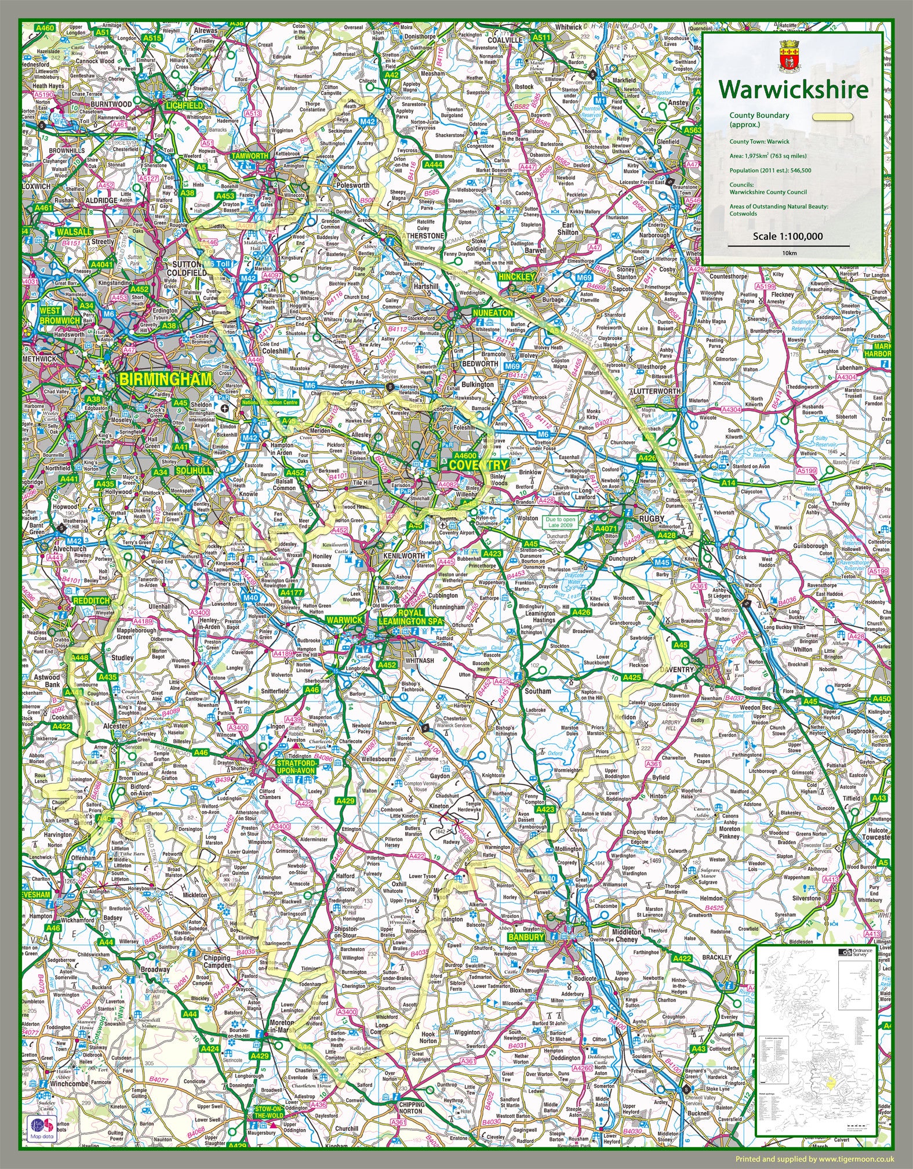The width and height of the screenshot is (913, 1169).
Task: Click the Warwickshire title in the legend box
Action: (x=793, y=90)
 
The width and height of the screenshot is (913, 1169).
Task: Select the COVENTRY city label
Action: (x=478, y=465)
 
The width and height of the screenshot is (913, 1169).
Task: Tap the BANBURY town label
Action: (x=526, y=936)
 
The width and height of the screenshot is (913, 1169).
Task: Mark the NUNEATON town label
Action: (x=493, y=313)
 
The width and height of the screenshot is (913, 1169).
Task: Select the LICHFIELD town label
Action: (x=184, y=106)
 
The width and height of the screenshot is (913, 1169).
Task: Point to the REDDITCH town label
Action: (x=90, y=601)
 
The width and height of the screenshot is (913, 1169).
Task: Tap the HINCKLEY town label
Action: (x=515, y=277)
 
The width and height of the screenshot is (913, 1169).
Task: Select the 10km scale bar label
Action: (x=788, y=253)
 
